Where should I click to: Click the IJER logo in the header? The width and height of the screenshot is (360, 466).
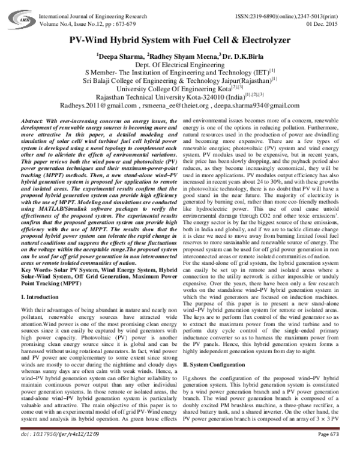coord(26,11)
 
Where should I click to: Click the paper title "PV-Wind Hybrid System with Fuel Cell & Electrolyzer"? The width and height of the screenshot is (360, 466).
coord(180,40)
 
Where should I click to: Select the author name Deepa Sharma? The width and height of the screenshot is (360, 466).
coord(119,56)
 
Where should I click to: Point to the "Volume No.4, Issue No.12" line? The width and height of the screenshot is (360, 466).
coord(70,15)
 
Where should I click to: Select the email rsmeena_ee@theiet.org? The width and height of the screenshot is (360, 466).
coord(193,104)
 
